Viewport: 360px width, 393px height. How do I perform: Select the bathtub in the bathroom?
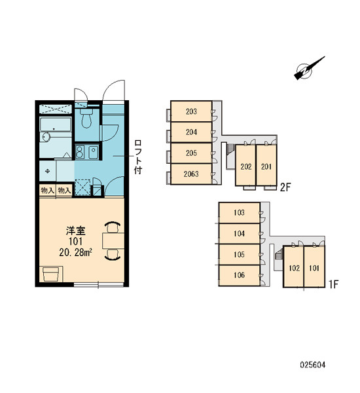pos(56,124)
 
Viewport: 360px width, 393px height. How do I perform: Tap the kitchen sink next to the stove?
pos(94,152)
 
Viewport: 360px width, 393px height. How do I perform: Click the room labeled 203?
pos(191,111)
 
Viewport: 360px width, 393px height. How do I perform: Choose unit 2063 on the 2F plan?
pos(191,174)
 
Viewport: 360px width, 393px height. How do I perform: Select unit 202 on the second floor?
pos(245,166)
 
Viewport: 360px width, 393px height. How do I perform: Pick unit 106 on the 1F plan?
pos(240,275)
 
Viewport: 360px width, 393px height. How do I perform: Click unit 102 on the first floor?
pos(294,267)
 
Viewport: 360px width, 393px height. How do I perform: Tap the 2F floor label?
pos(285,187)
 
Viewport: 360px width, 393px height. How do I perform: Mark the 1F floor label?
pos(333,284)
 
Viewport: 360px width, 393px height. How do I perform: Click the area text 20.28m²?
pos(75,252)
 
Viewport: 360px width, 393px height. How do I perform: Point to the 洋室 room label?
pos(76,231)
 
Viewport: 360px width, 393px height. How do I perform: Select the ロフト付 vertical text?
pos(138,157)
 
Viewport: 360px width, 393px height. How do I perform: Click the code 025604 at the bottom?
pos(313,365)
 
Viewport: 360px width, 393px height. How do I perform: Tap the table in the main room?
pos(113,240)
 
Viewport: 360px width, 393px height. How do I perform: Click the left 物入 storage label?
pos(47,191)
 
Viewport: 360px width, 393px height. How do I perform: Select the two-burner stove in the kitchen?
pos(80,152)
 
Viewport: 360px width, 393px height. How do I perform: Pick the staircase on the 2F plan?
pos(230,150)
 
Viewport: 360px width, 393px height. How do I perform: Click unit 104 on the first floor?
pos(240,234)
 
